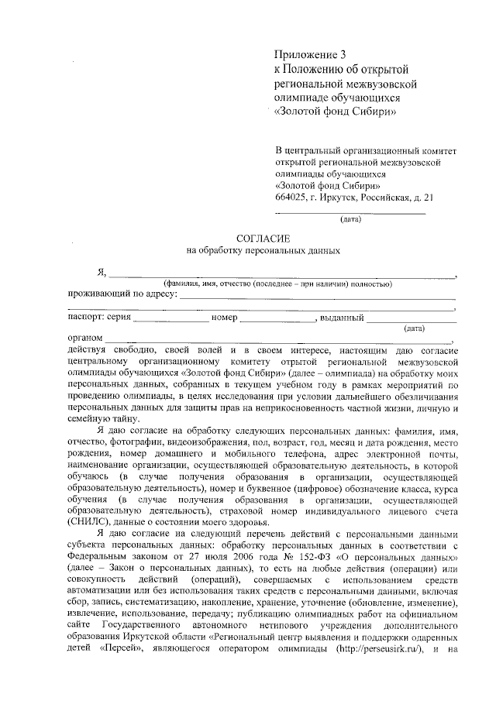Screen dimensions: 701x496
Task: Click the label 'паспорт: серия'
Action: click(99, 318)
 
